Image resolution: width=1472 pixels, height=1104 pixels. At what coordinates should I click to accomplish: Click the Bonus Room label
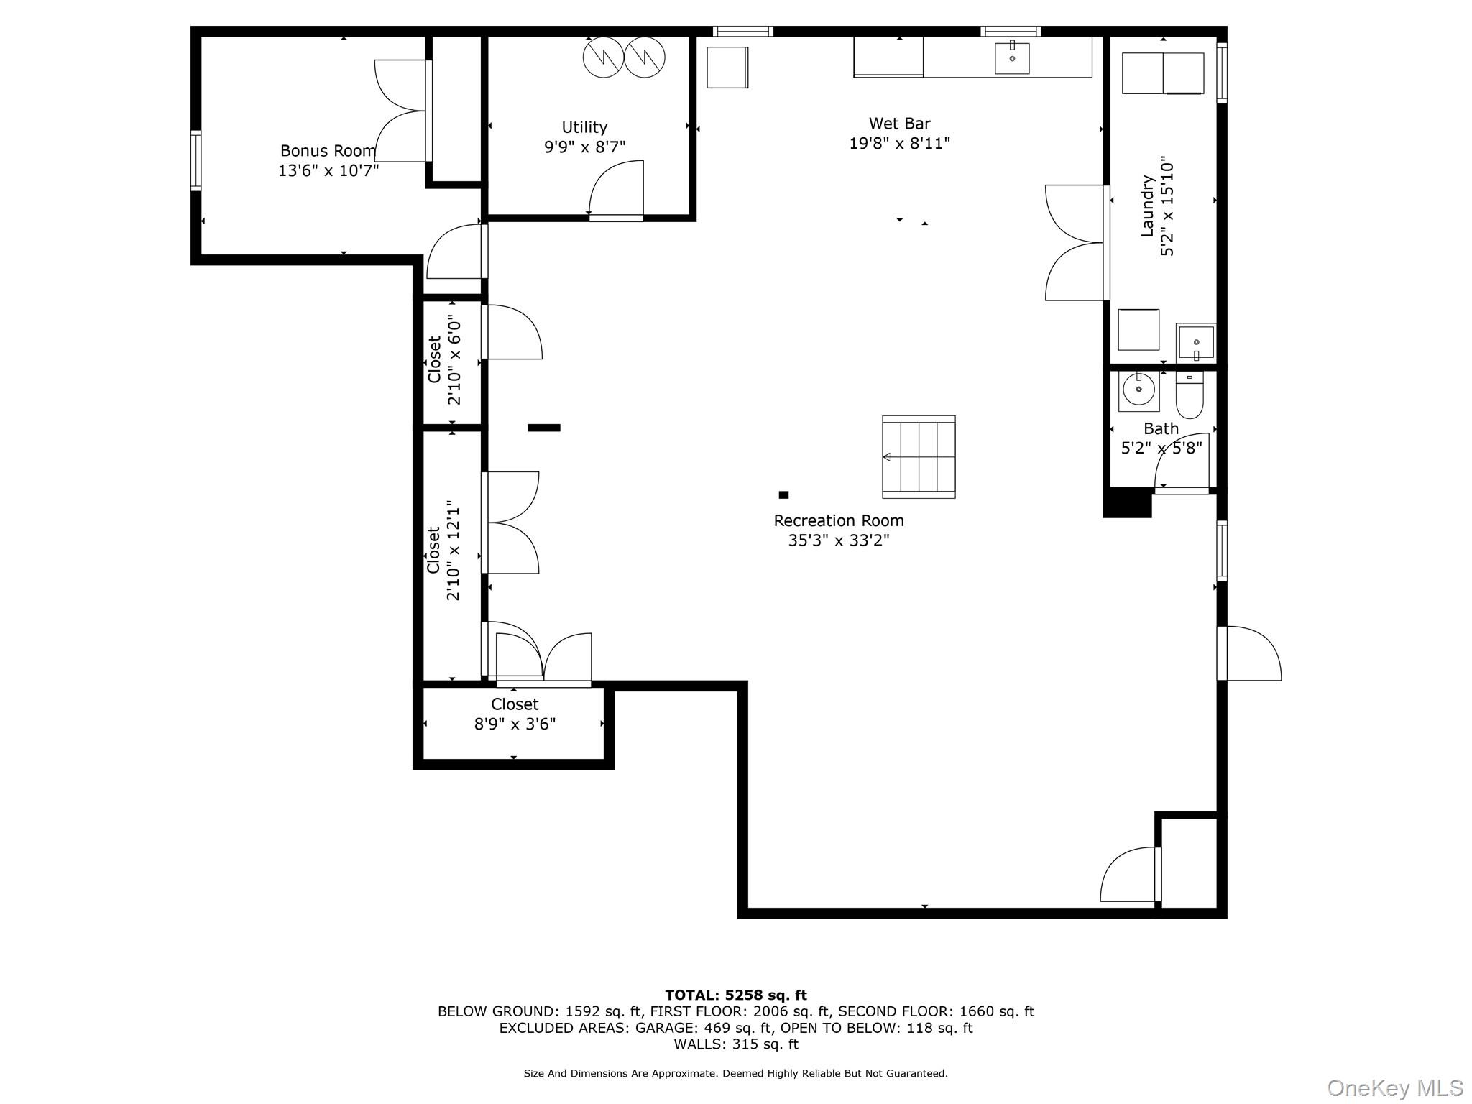(328, 151)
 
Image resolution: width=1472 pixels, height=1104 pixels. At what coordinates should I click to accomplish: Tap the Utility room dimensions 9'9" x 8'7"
(584, 147)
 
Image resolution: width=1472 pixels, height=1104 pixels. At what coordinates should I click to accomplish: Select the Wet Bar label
(899, 124)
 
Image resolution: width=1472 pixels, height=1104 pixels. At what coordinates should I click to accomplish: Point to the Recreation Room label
(838, 520)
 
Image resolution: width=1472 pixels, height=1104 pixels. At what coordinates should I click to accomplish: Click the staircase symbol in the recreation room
(919, 456)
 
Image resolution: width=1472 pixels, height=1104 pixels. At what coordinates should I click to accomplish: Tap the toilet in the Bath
(1190, 396)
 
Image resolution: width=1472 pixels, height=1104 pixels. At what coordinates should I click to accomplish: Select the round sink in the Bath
(1138, 390)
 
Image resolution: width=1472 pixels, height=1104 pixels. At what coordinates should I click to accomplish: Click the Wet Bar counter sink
(1012, 58)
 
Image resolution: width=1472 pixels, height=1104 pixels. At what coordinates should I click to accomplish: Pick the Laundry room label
(1148, 206)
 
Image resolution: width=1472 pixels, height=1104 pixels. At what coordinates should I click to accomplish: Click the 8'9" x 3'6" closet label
(515, 714)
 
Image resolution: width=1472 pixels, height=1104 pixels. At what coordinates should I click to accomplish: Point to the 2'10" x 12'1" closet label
(443, 551)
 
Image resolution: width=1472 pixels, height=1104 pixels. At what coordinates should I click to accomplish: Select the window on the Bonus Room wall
(195, 160)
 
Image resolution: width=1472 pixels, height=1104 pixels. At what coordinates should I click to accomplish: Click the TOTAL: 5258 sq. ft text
(735, 995)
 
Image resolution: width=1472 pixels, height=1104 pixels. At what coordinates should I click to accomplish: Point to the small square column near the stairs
(783, 494)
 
